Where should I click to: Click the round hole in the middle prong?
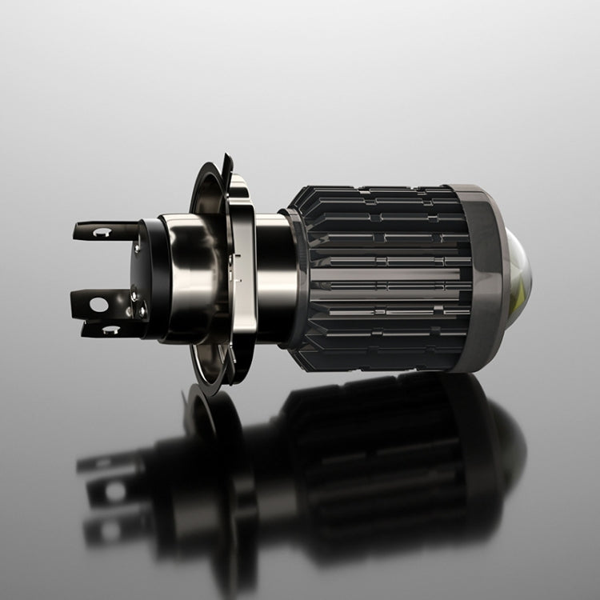click(98, 305)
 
